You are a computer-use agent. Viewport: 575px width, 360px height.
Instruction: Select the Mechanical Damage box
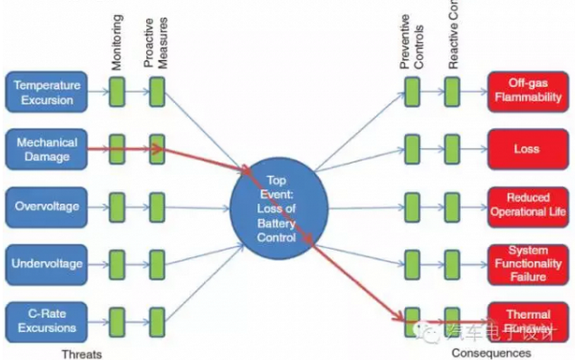coord(47,149)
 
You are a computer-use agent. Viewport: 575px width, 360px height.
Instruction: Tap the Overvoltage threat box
coord(47,207)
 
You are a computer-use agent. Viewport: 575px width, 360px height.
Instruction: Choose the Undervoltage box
coord(47,263)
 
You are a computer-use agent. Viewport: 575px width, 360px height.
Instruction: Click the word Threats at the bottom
coord(83,353)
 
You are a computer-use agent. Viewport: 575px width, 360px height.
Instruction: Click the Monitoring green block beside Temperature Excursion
coord(117,92)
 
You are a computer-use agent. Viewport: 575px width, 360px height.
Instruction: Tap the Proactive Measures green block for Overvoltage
coord(157,207)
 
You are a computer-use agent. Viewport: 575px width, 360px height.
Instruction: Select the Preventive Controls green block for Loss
coord(412,149)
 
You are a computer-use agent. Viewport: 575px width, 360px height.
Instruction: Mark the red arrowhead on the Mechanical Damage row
coord(159,149)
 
